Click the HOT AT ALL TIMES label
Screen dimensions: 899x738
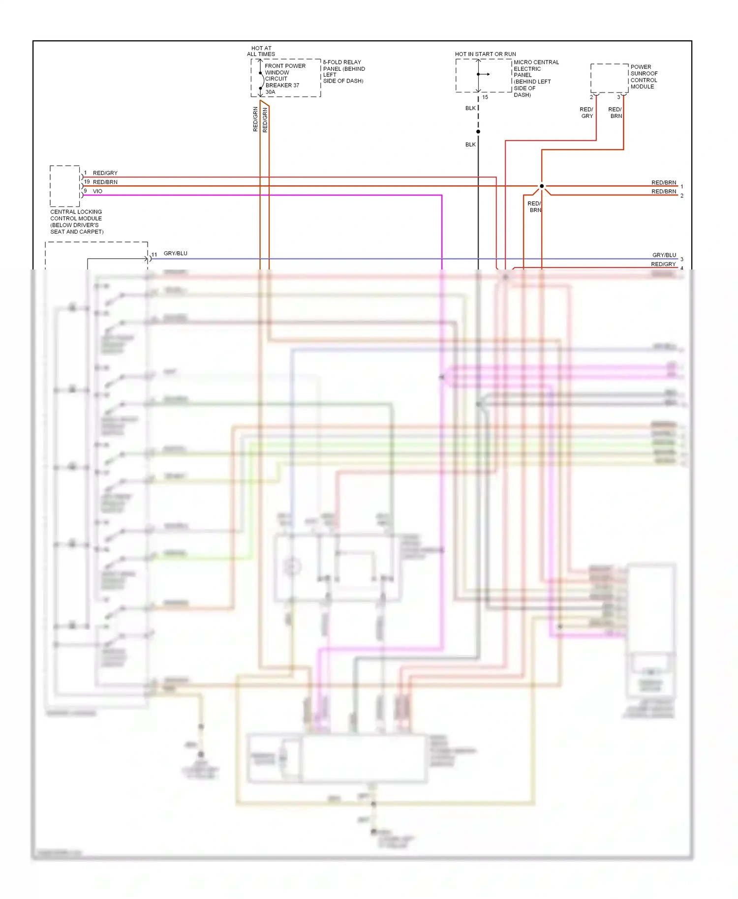tap(261, 51)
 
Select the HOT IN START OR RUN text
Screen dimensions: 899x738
tap(485, 54)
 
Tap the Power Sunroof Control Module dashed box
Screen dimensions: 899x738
tap(609, 78)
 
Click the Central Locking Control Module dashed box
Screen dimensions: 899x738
tap(65, 186)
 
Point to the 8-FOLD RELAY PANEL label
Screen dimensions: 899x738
tap(343, 71)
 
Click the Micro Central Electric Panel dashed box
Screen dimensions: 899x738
tap(483, 75)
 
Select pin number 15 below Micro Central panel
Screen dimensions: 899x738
tap(485, 97)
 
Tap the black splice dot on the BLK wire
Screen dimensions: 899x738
tap(478, 132)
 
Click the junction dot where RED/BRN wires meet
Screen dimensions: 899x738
tap(542, 186)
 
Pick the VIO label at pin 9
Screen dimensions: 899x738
tap(97, 191)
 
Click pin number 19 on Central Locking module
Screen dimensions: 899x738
tap(87, 182)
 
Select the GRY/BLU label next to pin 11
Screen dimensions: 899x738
tap(175, 254)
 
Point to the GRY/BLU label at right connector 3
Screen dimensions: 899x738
tap(664, 255)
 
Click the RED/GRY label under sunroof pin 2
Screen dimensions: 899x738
tap(586, 113)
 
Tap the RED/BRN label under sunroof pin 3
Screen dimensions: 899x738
tap(615, 113)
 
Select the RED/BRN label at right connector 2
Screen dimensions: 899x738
tap(664, 192)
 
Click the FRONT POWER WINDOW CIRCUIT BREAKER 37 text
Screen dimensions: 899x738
tap(285, 75)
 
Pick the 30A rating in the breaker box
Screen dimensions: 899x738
tap(270, 92)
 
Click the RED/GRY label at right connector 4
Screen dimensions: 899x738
tap(663, 264)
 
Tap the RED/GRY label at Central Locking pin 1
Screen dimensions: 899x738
tap(105, 173)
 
